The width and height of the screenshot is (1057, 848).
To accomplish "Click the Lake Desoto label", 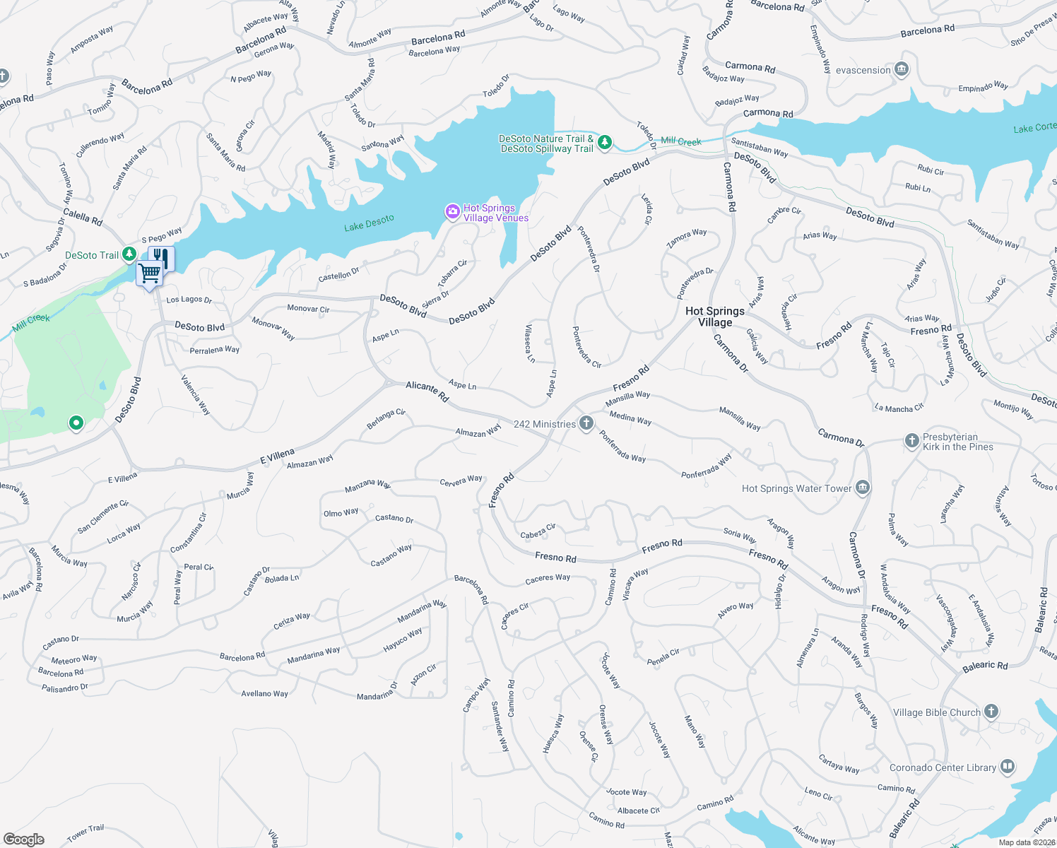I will click(369, 223).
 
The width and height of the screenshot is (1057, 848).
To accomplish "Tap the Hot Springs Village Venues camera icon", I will click(452, 211).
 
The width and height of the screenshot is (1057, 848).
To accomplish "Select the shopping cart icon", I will click(149, 273).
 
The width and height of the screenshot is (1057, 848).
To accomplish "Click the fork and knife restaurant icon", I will click(162, 257).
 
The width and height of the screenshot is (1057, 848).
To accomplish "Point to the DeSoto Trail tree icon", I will click(129, 254).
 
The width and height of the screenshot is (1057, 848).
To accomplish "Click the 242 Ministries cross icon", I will click(586, 423).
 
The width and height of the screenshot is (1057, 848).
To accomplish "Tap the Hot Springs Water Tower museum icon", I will click(862, 488).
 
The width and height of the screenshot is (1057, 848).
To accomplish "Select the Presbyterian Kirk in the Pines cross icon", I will click(911, 440).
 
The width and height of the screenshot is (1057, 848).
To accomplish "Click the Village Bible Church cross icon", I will click(991, 712).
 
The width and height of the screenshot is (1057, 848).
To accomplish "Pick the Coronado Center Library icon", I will click(1008, 767).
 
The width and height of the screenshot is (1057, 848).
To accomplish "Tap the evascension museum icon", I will click(901, 69).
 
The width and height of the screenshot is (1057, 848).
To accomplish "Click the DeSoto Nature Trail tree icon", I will click(605, 143).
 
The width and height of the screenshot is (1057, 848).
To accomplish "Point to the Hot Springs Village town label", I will click(715, 317).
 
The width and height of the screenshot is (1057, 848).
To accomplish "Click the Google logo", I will click(24, 839).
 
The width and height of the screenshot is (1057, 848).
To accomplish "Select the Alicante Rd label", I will click(427, 391).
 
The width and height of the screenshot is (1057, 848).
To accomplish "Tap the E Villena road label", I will click(277, 457).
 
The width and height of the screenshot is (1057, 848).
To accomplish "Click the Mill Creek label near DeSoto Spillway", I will click(681, 141).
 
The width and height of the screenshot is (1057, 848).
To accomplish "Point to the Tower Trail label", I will click(85, 833).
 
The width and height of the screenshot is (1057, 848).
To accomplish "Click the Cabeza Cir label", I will click(538, 531).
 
